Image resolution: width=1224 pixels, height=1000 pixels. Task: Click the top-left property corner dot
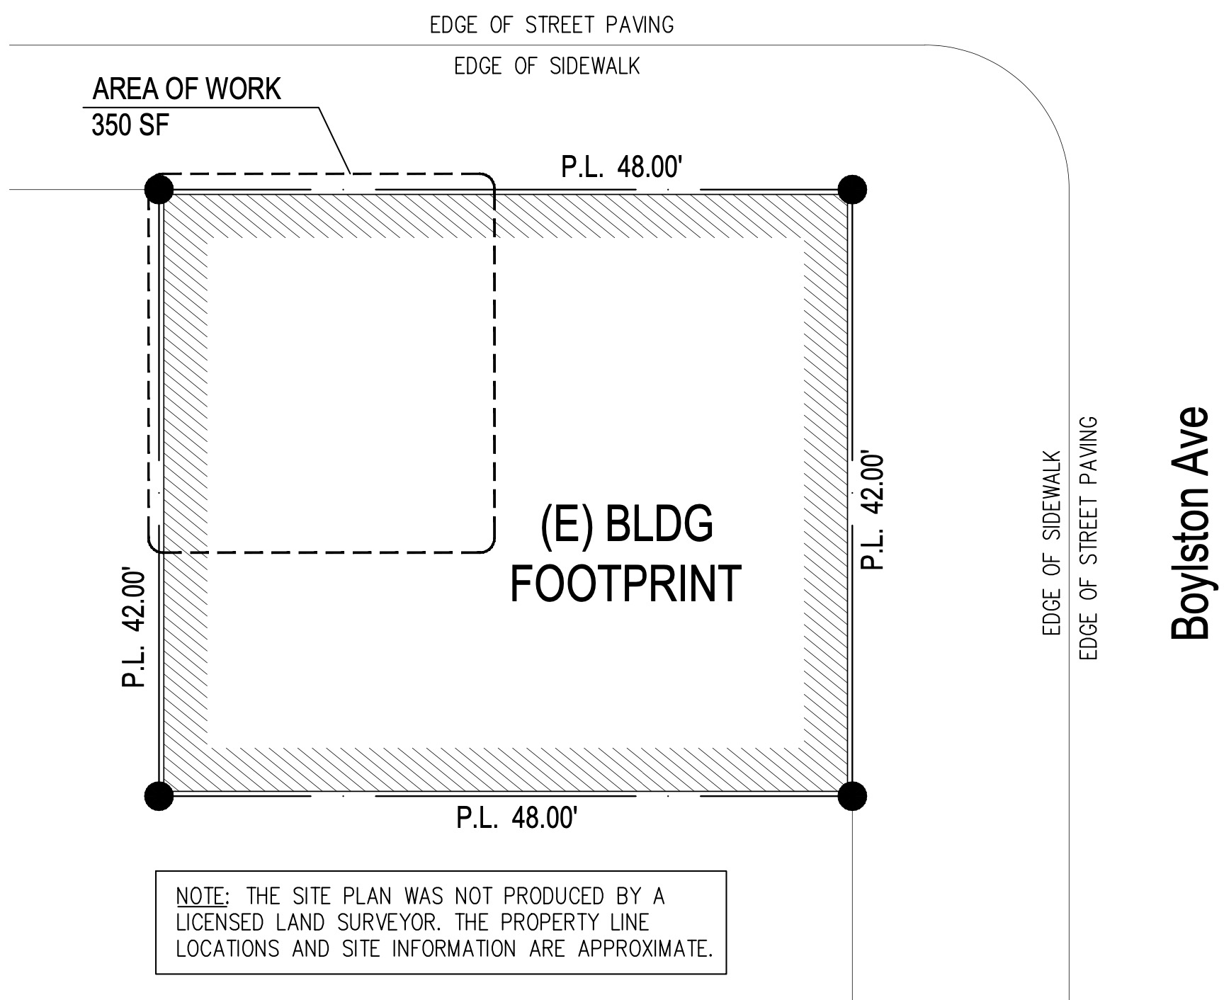(159, 189)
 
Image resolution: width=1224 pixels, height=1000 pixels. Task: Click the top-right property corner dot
(852, 189)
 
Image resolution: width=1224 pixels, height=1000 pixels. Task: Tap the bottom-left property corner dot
(159, 795)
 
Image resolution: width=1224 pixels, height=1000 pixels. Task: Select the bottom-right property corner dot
(852, 795)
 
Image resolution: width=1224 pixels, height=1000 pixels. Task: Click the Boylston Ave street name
(1189, 522)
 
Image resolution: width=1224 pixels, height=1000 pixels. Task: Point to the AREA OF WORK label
(187, 89)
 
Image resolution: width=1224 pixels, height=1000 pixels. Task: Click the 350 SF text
(130, 126)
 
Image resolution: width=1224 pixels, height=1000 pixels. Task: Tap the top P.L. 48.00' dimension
(622, 168)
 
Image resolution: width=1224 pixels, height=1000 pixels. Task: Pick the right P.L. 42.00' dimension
(873, 509)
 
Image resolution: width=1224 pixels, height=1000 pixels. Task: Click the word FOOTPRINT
(625, 584)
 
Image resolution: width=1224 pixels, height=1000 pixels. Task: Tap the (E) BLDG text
(627, 525)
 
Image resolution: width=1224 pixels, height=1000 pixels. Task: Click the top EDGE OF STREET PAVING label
(552, 25)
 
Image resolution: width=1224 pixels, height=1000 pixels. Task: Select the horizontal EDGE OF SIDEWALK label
(547, 67)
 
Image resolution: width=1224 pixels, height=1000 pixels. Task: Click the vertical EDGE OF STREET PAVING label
(1087, 538)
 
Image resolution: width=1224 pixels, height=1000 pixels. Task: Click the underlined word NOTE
(201, 897)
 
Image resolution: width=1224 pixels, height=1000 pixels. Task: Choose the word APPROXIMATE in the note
(645, 948)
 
